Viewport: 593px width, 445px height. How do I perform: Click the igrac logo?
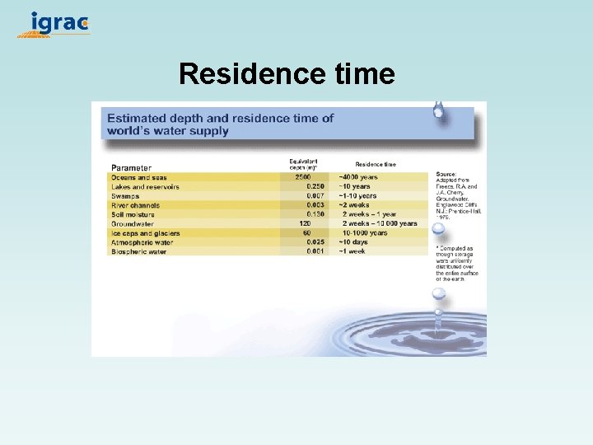click(54, 24)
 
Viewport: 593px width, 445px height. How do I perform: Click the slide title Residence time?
click(287, 74)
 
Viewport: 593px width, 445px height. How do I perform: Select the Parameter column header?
click(132, 168)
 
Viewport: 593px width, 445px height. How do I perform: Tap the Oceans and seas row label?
click(138, 178)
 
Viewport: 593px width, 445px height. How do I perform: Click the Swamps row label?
click(125, 196)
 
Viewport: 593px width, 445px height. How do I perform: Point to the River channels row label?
click(135, 205)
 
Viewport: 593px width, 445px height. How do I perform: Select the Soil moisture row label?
click(133, 214)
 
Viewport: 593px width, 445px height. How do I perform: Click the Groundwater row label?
click(132, 223)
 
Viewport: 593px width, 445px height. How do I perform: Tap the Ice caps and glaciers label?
click(145, 233)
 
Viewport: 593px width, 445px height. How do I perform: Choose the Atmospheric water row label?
click(142, 242)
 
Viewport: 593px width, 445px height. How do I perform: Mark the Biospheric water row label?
click(138, 251)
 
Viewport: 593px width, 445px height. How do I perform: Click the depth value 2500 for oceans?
click(302, 178)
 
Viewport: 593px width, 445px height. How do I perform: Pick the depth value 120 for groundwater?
click(304, 223)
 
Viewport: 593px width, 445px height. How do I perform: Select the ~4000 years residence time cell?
click(357, 178)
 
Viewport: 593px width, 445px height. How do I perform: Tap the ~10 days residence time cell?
click(355, 242)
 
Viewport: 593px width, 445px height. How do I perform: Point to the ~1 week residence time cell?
click(352, 251)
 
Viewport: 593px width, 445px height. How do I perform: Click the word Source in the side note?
click(446, 174)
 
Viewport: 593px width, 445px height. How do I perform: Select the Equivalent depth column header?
click(303, 164)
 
